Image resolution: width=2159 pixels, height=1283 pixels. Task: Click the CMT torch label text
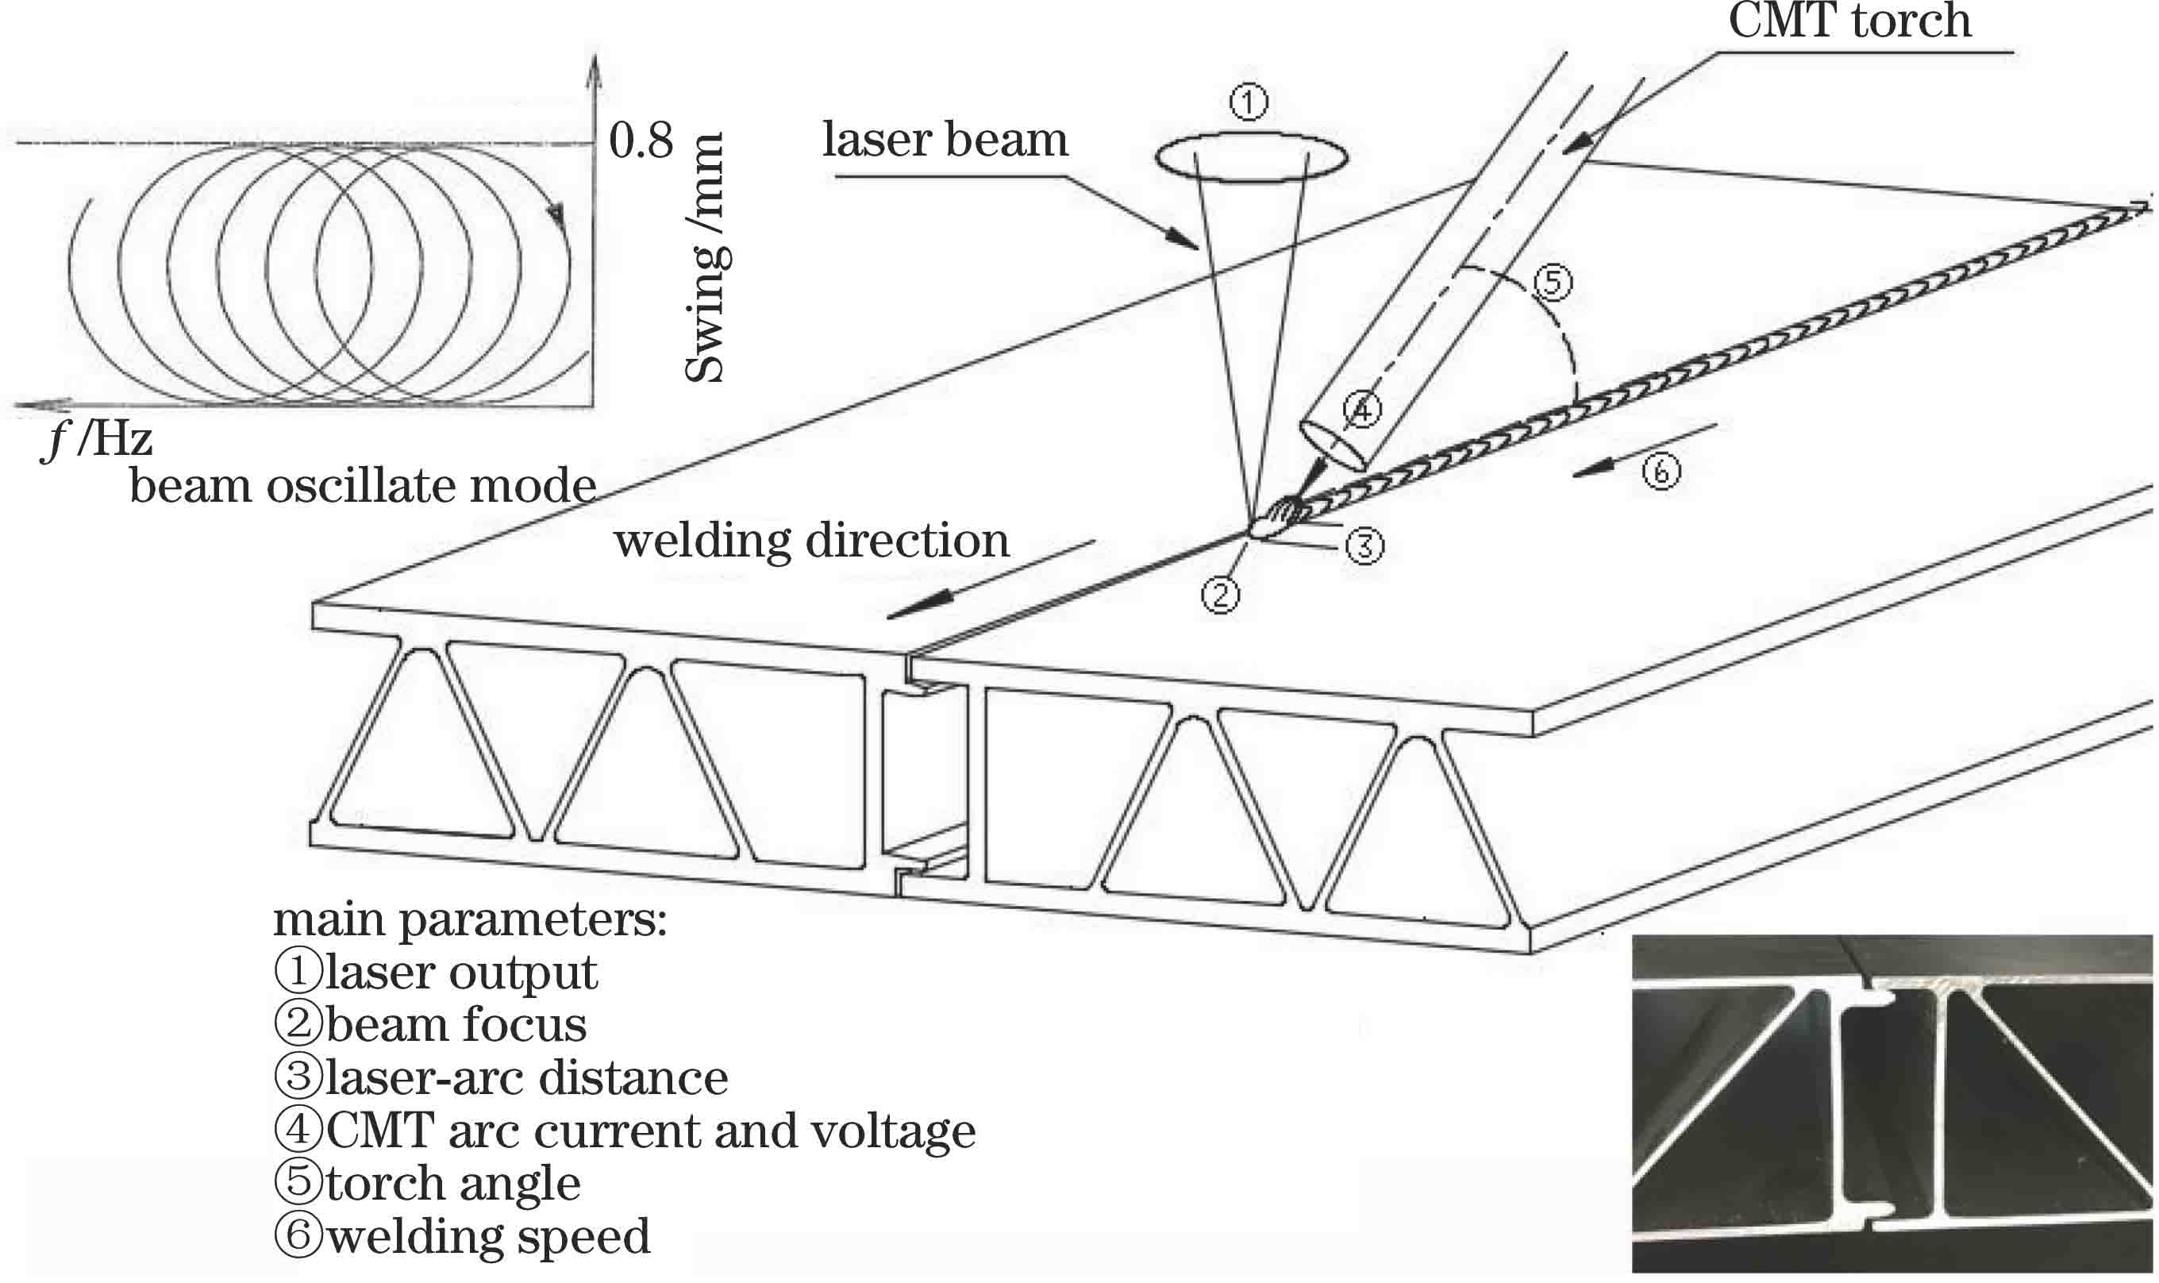coord(1849,21)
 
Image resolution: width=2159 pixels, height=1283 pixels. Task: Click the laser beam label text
coord(945,140)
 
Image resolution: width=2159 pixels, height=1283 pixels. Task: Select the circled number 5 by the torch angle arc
coord(1553,283)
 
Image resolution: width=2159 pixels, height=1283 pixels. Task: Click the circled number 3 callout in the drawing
coord(1364,545)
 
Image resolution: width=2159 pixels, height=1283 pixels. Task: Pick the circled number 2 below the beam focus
coord(1220,595)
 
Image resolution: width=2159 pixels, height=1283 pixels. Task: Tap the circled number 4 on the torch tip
coord(1362,410)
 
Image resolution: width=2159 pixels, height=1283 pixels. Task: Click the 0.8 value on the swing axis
coord(641,140)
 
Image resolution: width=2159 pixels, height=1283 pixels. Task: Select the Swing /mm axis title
coord(704,258)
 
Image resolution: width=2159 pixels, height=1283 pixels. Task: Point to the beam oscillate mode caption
coord(363,487)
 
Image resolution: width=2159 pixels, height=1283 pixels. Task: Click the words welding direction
coord(810,542)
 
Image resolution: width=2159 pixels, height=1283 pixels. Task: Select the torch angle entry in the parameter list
coord(427,1184)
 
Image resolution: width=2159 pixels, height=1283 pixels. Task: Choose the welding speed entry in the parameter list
coord(463,1236)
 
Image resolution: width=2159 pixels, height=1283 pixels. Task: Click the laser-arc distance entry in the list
coord(502,1078)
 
